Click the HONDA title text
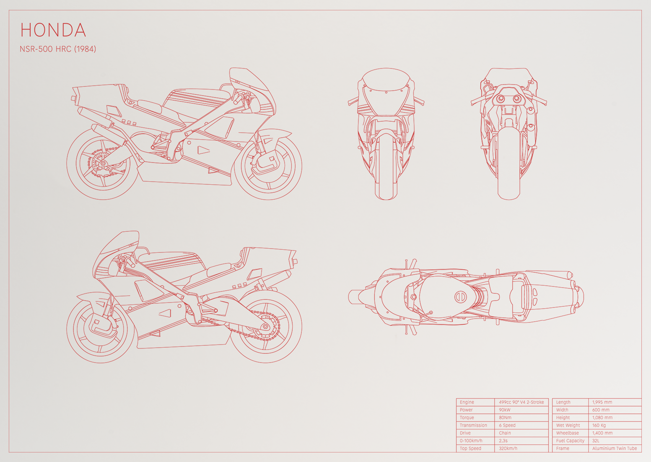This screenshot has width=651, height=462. [53, 30]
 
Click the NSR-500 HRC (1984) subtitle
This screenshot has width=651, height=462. [58, 49]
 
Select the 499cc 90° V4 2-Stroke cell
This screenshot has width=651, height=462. [521, 402]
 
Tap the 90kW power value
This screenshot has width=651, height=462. [505, 410]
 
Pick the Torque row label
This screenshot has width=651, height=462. [467, 418]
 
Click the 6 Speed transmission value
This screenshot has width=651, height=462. [507, 425]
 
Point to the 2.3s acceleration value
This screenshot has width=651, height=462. [503, 441]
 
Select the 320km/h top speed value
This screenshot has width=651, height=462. [508, 448]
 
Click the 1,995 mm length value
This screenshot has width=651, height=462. [602, 402]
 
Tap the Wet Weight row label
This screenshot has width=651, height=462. [568, 425]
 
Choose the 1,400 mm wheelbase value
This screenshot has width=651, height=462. [602, 433]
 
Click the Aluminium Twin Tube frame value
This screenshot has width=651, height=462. [614, 448]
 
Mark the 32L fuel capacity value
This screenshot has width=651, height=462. [596, 441]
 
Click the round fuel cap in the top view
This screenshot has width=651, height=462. [461, 297]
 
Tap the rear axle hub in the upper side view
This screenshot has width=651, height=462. [102, 164]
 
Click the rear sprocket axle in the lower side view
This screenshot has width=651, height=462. [265, 327]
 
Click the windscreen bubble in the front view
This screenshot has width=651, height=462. [386, 80]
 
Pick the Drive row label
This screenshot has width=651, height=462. [465, 433]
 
